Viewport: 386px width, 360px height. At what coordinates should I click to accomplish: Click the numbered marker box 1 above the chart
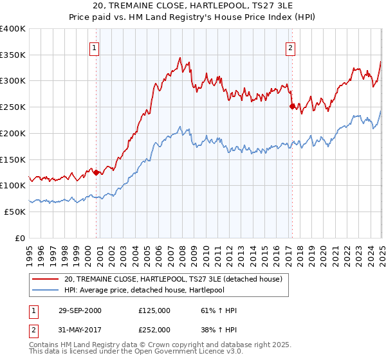(x=94, y=47)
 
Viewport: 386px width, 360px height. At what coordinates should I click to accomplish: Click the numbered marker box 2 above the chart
(x=290, y=47)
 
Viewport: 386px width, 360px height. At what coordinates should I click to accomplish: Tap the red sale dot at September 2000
(x=96, y=172)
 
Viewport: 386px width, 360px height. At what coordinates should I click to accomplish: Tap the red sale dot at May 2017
(x=292, y=106)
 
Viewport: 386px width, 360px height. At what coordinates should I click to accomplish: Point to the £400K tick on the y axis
(x=13, y=29)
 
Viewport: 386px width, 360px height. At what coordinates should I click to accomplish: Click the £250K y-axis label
(x=13, y=107)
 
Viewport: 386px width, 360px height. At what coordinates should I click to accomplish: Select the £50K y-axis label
(x=15, y=212)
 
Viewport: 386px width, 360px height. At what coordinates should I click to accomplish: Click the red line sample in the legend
(x=46, y=279)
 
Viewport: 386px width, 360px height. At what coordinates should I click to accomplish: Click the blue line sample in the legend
(x=46, y=291)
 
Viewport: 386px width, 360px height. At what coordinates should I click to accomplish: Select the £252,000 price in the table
(x=154, y=328)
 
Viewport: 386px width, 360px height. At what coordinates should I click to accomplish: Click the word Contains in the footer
(x=43, y=346)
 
